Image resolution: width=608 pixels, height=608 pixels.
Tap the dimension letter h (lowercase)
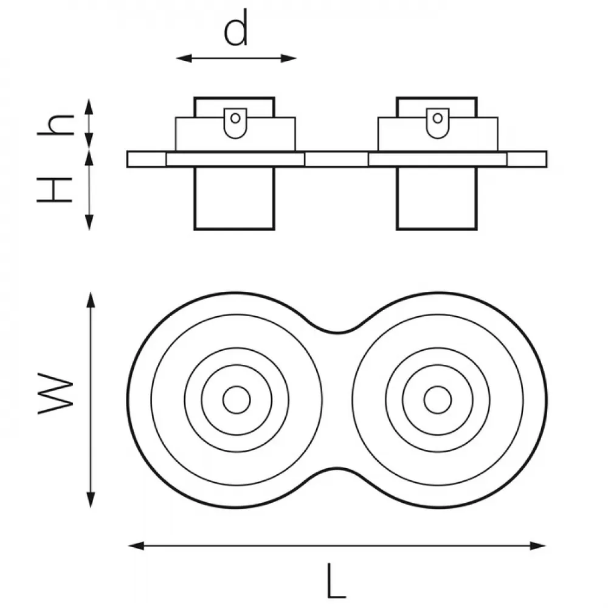tap(55, 125)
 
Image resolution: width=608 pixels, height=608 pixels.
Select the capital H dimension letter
tap(55, 190)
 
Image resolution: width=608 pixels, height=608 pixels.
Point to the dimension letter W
tap(55, 393)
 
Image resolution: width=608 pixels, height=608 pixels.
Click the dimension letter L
tap(336, 581)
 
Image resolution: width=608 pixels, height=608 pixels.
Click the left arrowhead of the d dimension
tap(184, 58)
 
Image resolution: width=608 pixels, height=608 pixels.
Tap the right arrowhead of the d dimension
tap(289, 58)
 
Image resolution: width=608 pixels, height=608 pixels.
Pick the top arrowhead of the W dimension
tap(91, 300)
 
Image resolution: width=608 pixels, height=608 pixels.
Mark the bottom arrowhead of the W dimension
tap(91, 500)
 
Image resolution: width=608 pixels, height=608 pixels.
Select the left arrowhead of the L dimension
tap(136, 545)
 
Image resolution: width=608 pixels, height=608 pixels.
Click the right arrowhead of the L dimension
tap(538, 545)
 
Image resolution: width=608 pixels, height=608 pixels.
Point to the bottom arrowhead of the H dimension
tap(89, 223)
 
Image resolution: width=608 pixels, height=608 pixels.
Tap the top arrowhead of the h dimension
tap(89, 106)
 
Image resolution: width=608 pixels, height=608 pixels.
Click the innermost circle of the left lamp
tap(237, 386)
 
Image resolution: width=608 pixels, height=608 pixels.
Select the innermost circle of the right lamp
tap(438, 386)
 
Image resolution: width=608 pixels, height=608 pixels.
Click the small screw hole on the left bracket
tap(235, 118)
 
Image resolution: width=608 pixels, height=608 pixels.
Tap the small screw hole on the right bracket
tap(438, 118)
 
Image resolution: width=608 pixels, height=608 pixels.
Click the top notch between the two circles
tap(337, 333)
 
